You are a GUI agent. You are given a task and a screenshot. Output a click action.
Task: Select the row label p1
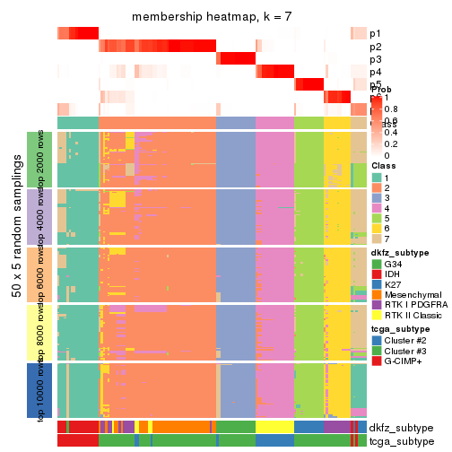[375, 33]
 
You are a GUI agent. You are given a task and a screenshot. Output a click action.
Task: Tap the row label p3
[375, 59]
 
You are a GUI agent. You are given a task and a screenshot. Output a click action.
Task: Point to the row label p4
[375, 72]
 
